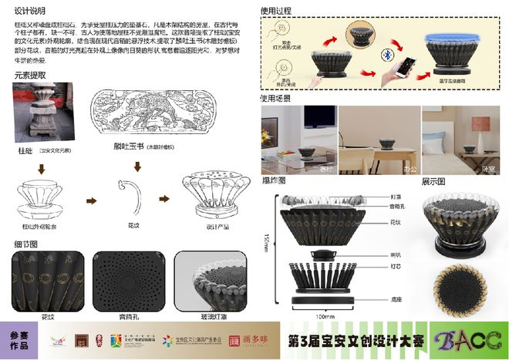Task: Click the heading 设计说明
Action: (29, 12)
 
